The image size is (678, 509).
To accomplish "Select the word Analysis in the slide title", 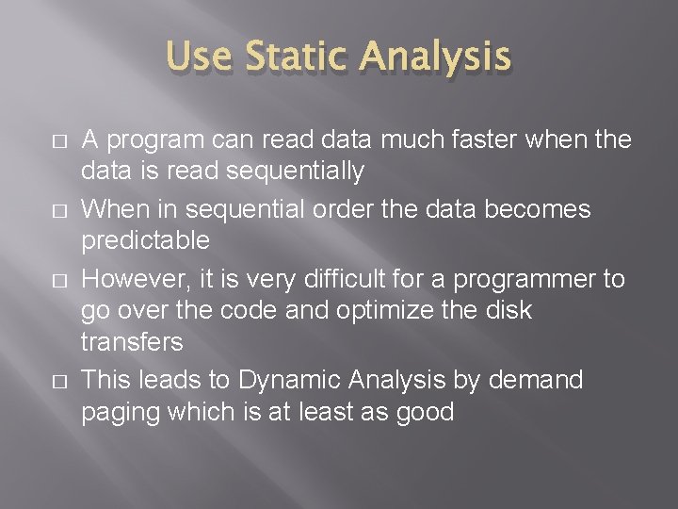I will coord(436,58).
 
